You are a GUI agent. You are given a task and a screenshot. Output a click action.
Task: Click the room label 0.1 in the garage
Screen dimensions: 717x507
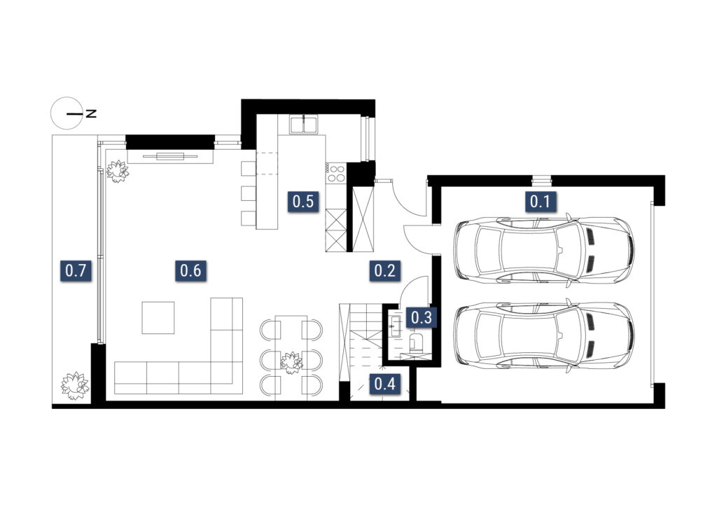coord(540,201)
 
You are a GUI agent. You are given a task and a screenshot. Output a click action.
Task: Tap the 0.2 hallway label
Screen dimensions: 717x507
coord(384,270)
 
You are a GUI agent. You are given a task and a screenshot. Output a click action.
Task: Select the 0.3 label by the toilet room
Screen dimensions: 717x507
coord(421,317)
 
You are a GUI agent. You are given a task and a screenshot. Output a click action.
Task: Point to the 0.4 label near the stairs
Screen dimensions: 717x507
coord(384,384)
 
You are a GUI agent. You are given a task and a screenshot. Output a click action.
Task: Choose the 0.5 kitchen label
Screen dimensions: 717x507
coord(302,201)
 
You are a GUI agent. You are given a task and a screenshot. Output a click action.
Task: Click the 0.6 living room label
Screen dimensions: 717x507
coord(190,270)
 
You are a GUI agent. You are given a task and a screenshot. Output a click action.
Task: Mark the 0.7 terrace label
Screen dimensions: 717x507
coord(76,270)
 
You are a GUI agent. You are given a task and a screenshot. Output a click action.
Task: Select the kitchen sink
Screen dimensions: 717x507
coord(303,125)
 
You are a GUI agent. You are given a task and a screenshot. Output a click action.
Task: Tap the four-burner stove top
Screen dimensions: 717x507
coord(336,173)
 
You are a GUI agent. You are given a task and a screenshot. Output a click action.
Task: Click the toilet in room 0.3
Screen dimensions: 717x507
coord(417,340)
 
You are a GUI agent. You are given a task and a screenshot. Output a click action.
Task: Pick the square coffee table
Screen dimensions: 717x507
coord(158,318)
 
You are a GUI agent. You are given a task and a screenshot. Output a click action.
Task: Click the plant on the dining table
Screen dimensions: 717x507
coord(291,363)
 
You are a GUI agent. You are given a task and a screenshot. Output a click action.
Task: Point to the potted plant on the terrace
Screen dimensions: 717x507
coord(75,385)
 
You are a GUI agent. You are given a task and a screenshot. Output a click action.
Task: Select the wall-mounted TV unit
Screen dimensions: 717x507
coord(170,156)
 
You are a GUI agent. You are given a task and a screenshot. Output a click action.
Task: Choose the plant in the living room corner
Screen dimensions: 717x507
coord(118,171)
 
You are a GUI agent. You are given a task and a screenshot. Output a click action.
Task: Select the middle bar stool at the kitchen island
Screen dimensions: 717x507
coord(249,193)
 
